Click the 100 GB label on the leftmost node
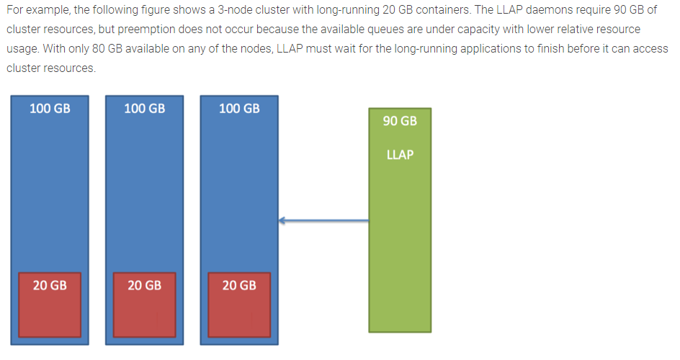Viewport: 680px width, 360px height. [50, 109]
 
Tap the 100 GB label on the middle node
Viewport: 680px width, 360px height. [144, 109]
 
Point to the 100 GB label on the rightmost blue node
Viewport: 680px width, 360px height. [239, 109]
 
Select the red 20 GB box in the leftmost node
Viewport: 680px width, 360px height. [50, 305]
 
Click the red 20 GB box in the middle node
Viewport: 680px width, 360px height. [144, 305]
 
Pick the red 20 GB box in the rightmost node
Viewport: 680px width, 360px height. [239, 305]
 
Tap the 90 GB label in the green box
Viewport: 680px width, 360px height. [400, 121]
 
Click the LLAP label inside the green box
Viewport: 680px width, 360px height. [400, 155]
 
